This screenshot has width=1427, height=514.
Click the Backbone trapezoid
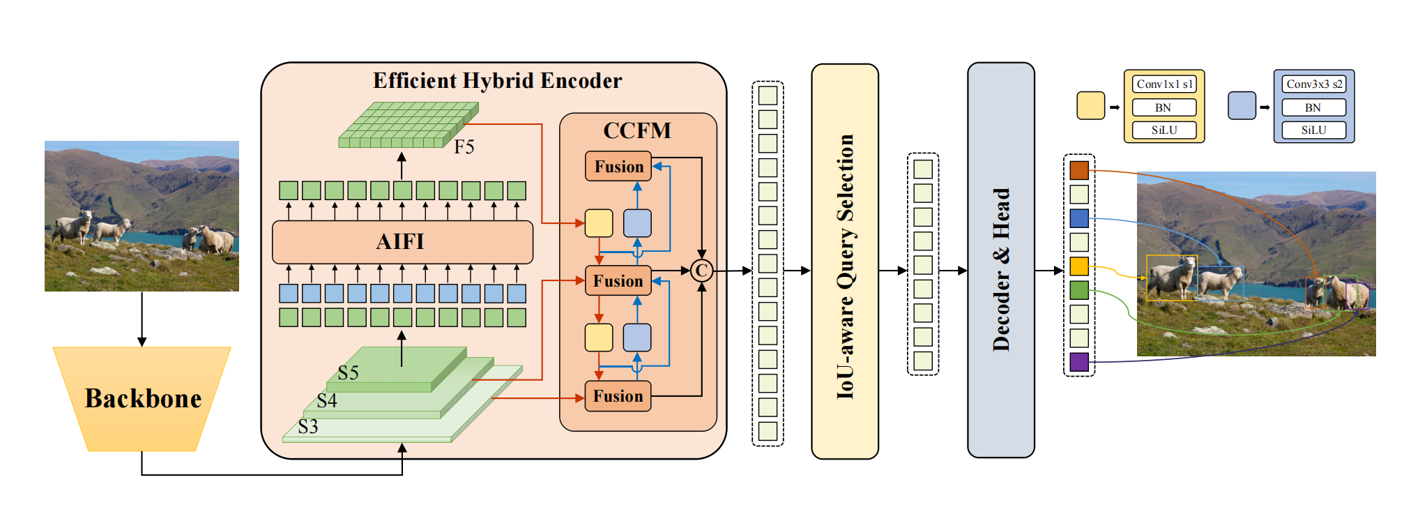pyautogui.click(x=142, y=398)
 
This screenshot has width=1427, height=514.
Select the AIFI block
pyautogui.click(x=402, y=242)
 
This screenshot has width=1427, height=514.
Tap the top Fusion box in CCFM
pyautogui.click(x=618, y=167)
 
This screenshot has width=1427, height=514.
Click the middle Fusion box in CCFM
pyautogui.click(x=618, y=280)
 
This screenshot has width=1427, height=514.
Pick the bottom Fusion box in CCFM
pyautogui.click(x=618, y=396)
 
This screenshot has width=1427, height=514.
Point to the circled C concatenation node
pyautogui.click(x=701, y=271)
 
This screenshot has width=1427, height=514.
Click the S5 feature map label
pyautogui.click(x=348, y=373)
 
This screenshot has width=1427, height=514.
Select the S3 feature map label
pyautogui.click(x=308, y=426)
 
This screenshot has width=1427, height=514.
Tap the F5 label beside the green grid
pyautogui.click(x=464, y=147)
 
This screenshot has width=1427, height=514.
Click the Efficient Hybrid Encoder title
pyautogui.click(x=497, y=81)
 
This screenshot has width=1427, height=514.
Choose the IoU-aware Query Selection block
pyautogui.click(x=845, y=262)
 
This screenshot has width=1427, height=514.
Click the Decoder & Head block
pyautogui.click(x=1000, y=260)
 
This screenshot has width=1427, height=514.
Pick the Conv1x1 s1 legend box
pyautogui.click(x=1164, y=84)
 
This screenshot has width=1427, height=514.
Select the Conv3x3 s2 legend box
pyautogui.click(x=1314, y=84)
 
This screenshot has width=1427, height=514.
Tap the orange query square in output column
pyautogui.click(x=1079, y=170)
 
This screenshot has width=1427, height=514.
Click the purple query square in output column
pyautogui.click(x=1079, y=362)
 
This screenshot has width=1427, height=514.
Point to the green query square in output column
pyautogui.click(x=1079, y=290)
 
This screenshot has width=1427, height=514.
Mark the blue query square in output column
pyautogui.click(x=1079, y=218)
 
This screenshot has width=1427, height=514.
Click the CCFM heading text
pyautogui.click(x=637, y=130)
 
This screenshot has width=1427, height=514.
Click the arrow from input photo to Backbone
pyautogui.click(x=142, y=319)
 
